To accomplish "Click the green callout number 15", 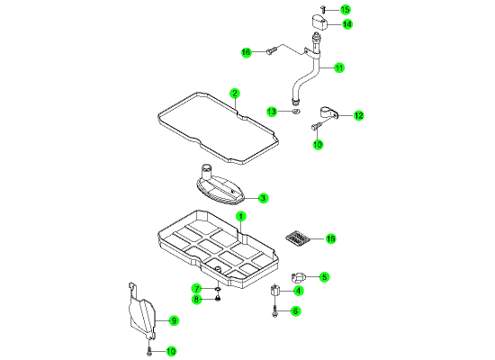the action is tap(346, 10).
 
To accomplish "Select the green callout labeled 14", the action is tap(346, 24).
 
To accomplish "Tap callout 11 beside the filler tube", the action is tap(339, 67).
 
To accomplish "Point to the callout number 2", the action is tap(235, 94).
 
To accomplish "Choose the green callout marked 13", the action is tap(272, 112).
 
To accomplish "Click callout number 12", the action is tap(358, 115).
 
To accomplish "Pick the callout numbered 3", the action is tap(263, 198).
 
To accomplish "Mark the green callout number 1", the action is tap(241, 217).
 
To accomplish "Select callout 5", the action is tap(324, 277).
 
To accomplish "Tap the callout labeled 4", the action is tap(298, 291).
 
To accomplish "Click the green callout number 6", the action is tap(295, 311).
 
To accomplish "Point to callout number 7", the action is tap(197, 289).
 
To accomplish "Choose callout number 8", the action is tap(197, 299).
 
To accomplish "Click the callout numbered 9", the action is tap(174, 320).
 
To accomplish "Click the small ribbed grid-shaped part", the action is tap(297, 238).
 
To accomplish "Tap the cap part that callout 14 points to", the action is tap(319, 22).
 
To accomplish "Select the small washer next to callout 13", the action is tap(296, 112).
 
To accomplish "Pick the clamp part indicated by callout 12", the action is tap(328, 112).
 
